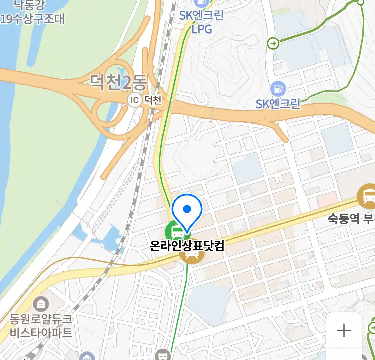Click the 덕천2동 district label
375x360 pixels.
click(118, 82)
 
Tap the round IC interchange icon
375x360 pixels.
click(134, 100)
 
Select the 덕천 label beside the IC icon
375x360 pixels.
click(153, 100)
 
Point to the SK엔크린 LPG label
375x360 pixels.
click(201, 22)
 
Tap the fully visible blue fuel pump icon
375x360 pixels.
click(278, 89)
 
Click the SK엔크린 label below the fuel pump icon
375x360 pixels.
click(278, 104)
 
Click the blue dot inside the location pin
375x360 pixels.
click(187, 209)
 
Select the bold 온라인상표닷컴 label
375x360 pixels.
click(187, 246)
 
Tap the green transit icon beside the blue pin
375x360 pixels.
click(175, 231)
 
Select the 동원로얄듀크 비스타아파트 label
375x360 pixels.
click(41, 326)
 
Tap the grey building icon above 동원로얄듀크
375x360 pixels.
click(41, 304)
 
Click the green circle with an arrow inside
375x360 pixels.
click(273, 43)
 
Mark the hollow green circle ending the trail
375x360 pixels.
click(360, 3)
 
